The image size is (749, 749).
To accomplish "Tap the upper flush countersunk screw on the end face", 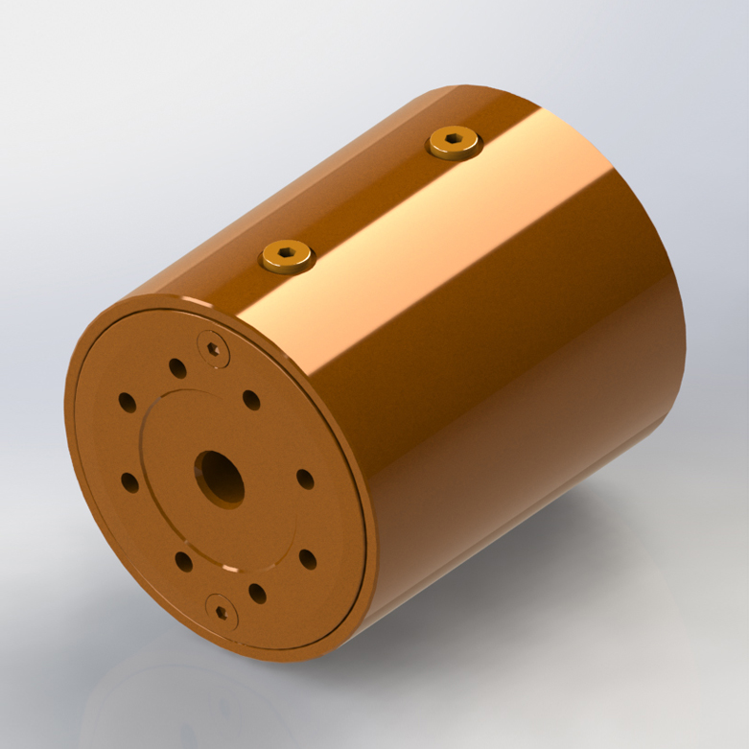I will (213, 348).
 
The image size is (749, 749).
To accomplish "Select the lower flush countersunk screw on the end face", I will (222, 610).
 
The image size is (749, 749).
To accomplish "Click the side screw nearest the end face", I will (288, 256).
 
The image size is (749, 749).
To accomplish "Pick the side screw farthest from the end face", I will (455, 144).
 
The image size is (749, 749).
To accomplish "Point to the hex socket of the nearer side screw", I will (288, 254).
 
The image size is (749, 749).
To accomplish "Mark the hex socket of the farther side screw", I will (455, 142).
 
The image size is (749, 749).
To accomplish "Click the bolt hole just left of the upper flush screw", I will (177, 368).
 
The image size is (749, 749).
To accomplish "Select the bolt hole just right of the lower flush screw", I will (257, 594).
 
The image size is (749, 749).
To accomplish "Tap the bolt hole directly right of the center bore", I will (305, 479).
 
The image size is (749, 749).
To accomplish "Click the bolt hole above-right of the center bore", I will (251, 400).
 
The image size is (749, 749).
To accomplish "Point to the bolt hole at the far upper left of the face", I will (127, 403).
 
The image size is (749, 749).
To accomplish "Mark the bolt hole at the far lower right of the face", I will (308, 559).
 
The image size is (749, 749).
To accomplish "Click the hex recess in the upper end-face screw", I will (213, 348).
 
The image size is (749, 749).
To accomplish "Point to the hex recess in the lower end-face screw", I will (222, 610).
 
